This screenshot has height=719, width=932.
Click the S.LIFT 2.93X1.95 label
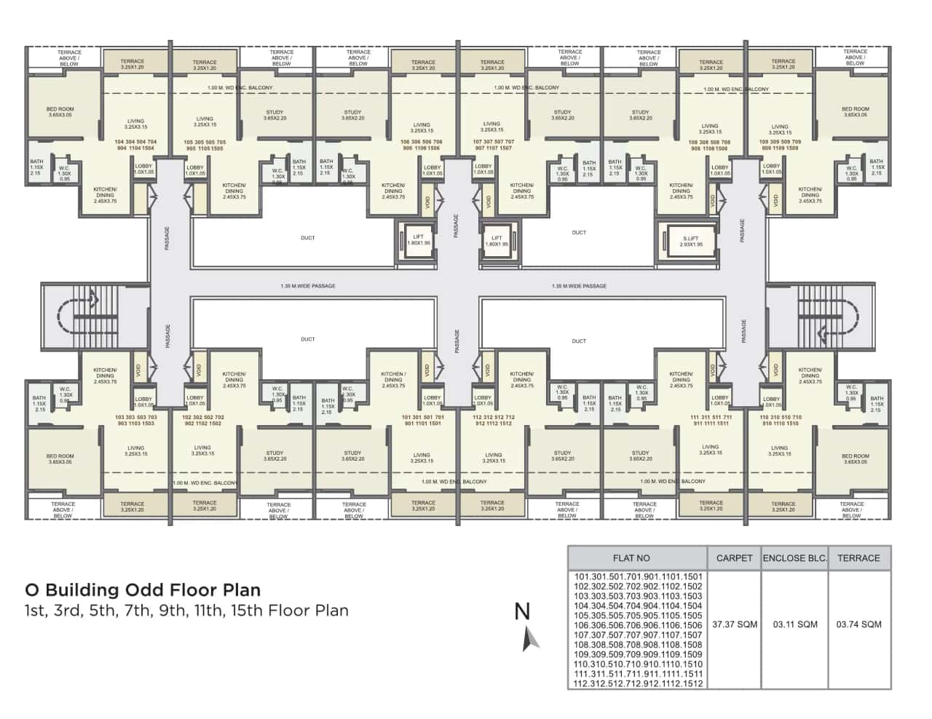[691, 242]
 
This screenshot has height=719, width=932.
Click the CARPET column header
[734, 558]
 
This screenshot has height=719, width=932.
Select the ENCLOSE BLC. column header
[794, 558]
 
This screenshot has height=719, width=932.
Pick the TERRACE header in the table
[858, 558]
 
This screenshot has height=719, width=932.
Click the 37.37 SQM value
[734, 624]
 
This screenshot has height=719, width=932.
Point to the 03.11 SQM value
[794, 624]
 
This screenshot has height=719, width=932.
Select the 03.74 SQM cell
[858, 624]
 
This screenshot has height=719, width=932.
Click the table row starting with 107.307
[638, 635]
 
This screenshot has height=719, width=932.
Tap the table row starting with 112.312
[638, 683]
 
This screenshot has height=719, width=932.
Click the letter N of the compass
[522, 611]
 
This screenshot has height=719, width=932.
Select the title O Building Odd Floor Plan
[143, 589]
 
